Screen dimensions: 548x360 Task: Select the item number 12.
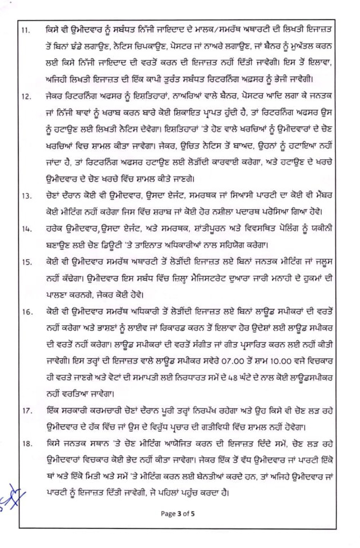tap(26, 97)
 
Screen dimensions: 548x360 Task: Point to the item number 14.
tap(26, 228)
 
